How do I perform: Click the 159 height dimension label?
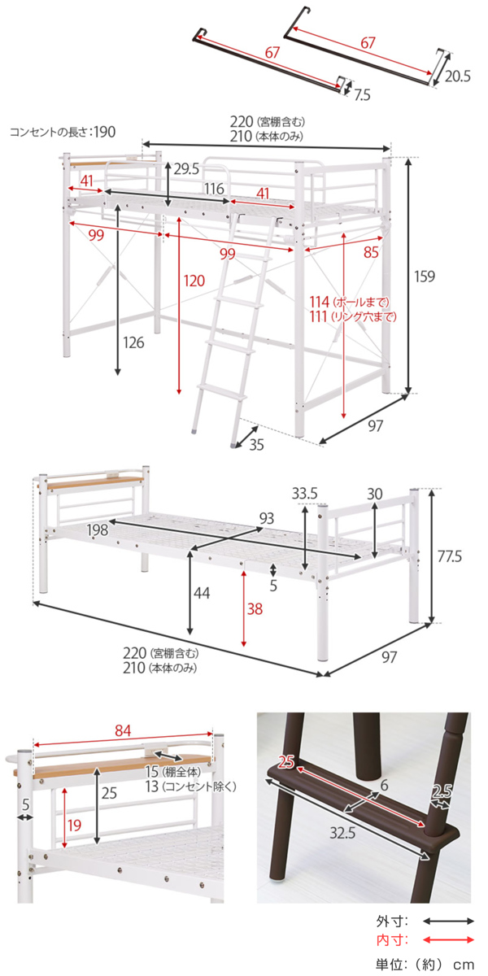pos(424,277)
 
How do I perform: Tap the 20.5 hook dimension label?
pos(457,76)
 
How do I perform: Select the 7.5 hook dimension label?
pos(362,94)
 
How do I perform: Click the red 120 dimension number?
pos(194,281)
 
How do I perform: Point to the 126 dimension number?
pos(133,342)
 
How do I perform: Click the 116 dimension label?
pos(214,189)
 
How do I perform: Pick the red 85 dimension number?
pos(371,252)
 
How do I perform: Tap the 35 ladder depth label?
pos(257,444)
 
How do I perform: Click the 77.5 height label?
pos(449,556)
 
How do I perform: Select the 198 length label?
pos(97,529)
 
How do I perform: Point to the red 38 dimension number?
pos(255,608)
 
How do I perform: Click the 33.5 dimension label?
pos(304,494)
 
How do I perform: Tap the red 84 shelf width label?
pos(123,730)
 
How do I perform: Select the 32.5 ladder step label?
pos(342,833)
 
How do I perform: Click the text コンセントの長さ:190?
pos(63,132)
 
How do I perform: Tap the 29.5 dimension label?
pos(186,169)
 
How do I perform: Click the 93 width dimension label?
pos(267,518)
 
